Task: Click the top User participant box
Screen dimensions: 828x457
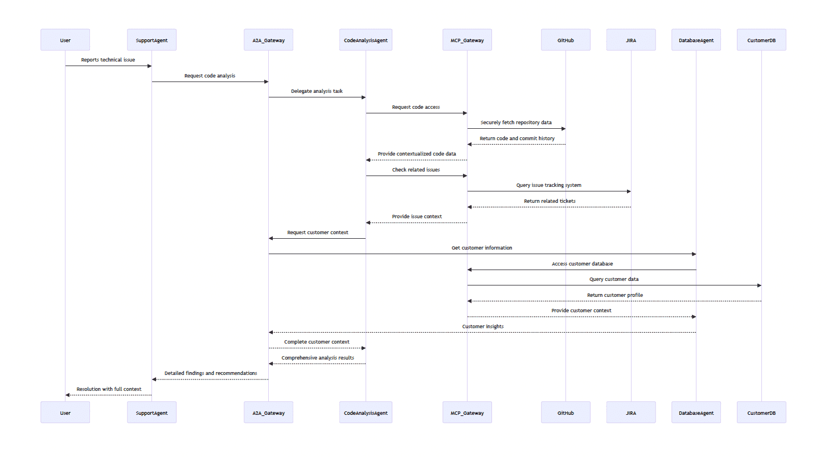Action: (x=65, y=40)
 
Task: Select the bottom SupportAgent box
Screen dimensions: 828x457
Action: (x=151, y=412)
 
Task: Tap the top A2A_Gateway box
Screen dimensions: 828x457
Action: (x=268, y=40)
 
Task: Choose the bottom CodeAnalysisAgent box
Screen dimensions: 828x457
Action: (x=366, y=412)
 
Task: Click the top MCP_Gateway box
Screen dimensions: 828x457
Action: (x=467, y=40)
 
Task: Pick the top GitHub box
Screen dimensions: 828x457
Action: (x=565, y=40)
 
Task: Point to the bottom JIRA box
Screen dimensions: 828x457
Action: (x=631, y=412)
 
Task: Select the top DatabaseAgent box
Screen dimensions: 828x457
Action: (x=696, y=40)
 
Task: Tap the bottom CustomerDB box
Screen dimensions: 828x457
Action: (x=761, y=412)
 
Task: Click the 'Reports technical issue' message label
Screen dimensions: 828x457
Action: (x=108, y=60)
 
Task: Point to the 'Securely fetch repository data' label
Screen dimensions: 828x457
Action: (x=516, y=123)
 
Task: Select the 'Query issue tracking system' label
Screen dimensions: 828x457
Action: (x=548, y=185)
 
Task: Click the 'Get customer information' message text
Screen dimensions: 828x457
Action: (x=482, y=248)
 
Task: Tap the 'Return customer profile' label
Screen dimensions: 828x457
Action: (x=614, y=295)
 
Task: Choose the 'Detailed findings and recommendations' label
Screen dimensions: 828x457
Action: (x=211, y=373)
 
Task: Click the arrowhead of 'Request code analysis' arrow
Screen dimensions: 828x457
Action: (x=266, y=81)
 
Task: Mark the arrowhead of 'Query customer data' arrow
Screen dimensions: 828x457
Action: (x=759, y=285)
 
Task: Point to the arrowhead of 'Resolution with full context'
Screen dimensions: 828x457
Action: (x=68, y=395)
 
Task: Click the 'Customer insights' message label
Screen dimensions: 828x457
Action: (x=483, y=327)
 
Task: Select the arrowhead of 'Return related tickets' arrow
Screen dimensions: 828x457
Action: (x=469, y=207)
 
